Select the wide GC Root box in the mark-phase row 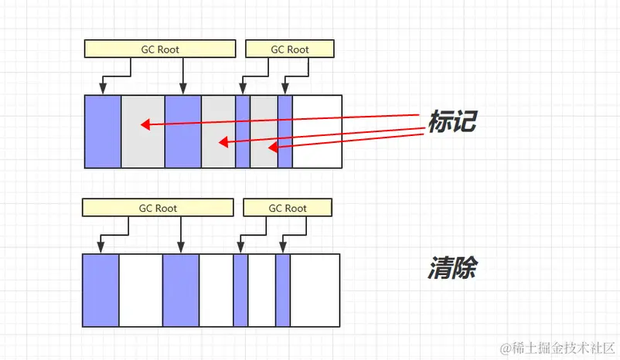(159, 49)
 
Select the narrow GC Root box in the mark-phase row (289, 49)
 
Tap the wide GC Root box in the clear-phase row (158, 208)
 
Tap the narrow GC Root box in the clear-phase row (287, 208)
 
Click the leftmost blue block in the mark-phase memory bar (103, 131)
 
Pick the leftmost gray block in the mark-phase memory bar (143, 131)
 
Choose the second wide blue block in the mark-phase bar (183, 131)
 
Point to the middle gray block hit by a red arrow (218, 131)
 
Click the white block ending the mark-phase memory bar (317, 131)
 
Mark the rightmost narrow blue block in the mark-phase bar (284, 131)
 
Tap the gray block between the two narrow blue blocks (264, 131)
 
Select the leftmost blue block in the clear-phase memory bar (100, 290)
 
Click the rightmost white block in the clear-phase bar (315, 290)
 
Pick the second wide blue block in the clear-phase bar (181, 290)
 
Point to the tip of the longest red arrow (141, 124)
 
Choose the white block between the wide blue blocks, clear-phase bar (141, 290)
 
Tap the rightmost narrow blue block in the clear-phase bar (282, 290)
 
